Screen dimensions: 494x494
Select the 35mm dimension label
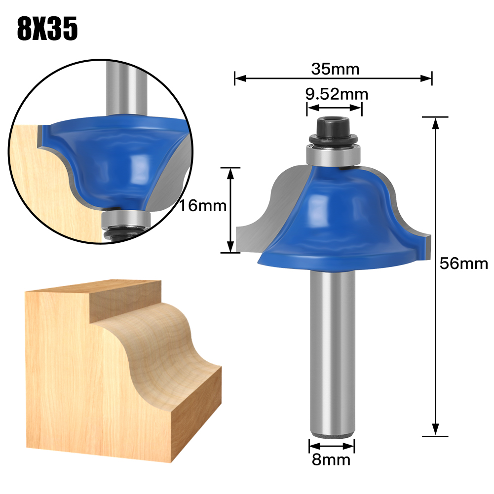pyautogui.click(x=335, y=69)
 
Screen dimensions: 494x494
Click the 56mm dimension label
pyautogui.click(x=464, y=264)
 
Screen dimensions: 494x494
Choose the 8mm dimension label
pyautogui.click(x=331, y=460)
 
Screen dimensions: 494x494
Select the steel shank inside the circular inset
pyautogui.click(x=127, y=89)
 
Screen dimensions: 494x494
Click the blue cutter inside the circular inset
pyautogui.click(x=114, y=158)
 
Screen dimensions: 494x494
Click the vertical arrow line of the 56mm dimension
pyautogui.click(x=435, y=276)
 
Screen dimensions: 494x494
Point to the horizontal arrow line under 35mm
pyautogui.click(x=333, y=77)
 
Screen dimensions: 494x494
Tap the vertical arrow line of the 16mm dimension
pyautogui.click(x=230, y=210)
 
